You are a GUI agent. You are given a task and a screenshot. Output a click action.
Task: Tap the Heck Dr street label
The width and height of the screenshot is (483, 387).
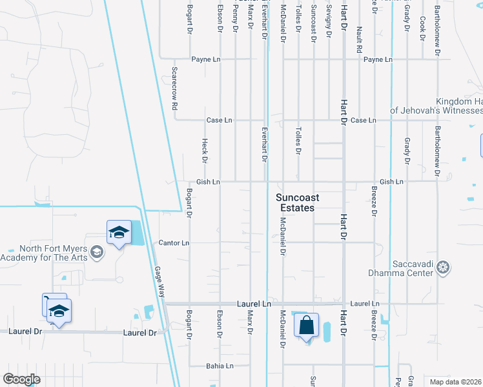pos(205,150)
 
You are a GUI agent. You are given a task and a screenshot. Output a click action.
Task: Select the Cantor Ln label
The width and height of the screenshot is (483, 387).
pos(174,243)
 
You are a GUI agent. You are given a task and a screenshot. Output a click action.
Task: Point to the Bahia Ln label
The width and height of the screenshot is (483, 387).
pos(220,366)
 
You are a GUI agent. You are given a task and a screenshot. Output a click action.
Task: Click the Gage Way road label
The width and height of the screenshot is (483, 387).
pos(159,281)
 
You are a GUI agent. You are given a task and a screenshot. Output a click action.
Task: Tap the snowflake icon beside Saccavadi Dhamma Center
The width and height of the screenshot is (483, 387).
pos(443,266)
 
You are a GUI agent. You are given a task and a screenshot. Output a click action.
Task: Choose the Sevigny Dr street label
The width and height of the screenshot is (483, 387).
pos(329,23)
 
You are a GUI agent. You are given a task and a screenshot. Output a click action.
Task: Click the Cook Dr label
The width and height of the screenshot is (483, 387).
pos(422,28)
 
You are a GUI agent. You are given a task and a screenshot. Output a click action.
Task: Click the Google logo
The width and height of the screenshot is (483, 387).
pos(22,379)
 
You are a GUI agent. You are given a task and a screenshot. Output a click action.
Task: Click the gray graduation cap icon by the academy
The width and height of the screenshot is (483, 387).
pos(97,252)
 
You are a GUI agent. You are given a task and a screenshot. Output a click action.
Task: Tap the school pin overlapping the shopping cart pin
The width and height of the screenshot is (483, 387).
pos(59,312)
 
